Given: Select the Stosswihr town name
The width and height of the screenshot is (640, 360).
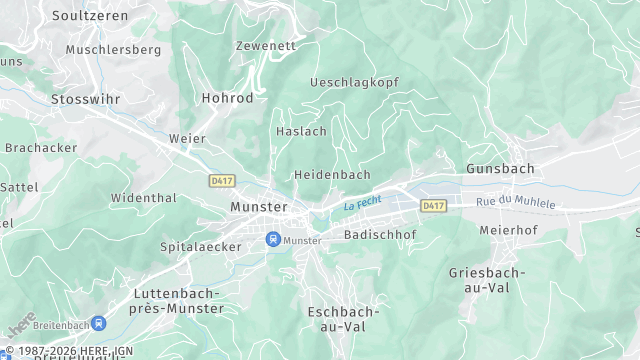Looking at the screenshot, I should pos(87,99).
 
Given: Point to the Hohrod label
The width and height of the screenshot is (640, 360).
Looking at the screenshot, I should pos(227,99).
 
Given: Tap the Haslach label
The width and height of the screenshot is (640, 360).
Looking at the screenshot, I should pos(300,131).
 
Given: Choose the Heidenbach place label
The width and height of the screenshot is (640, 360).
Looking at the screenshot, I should pos(332,174).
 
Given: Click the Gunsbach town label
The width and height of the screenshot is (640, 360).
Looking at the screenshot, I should pos(500,169).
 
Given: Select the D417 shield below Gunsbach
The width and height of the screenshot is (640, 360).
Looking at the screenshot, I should pos(432,205).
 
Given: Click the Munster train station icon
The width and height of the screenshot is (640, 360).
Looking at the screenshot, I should pos(272,240).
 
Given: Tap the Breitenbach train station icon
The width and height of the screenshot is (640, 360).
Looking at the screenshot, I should pos(99,323).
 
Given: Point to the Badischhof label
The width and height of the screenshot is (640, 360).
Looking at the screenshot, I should pos(380,235).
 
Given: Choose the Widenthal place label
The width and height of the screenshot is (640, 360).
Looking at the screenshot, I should pos(143,198).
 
